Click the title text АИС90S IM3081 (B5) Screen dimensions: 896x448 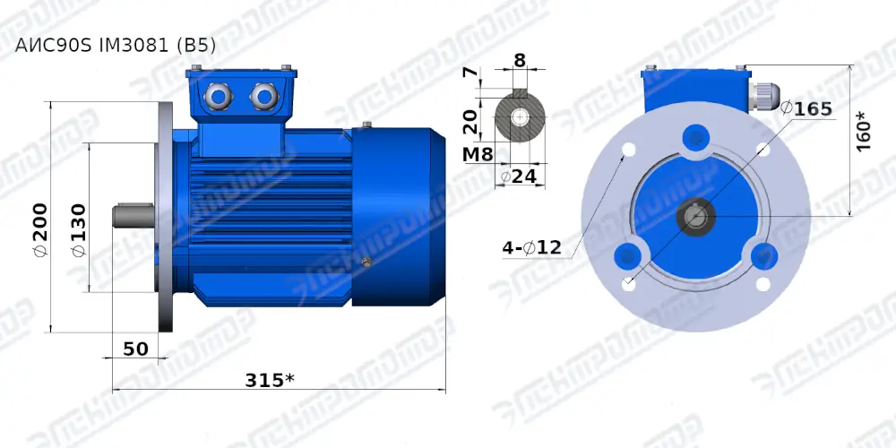coord(116,46)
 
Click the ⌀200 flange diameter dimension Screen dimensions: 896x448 coord(40,228)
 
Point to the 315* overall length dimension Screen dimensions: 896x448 coord(270,379)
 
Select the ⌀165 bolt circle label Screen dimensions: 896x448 coord(806,108)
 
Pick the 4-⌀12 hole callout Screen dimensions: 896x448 coord(531,247)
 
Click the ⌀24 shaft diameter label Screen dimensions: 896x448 coord(518,177)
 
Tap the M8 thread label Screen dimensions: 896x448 coord(478,153)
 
